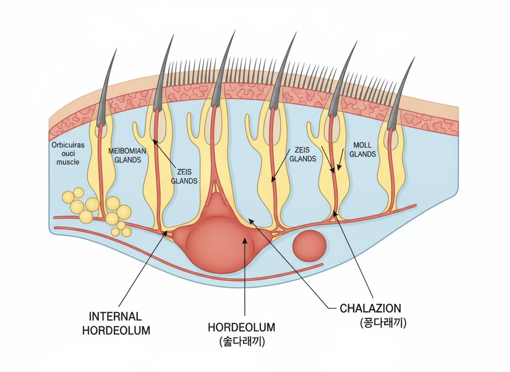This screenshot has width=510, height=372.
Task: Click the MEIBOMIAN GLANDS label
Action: click(127, 155)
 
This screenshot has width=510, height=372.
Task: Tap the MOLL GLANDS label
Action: click(362, 149)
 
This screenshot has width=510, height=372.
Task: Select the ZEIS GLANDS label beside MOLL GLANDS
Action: click(302, 154)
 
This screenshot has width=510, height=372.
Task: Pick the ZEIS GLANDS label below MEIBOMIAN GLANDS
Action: click(184, 177)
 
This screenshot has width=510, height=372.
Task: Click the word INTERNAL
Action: click(115, 316)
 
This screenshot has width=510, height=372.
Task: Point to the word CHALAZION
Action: click(370, 308)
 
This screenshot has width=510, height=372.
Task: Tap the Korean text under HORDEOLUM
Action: click(242, 341)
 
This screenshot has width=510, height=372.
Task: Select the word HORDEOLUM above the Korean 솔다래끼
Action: click(241, 327)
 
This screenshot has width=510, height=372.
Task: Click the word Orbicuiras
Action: click(68, 145)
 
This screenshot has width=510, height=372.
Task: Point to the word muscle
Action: click(68, 162)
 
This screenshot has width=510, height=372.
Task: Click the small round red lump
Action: click(309, 246)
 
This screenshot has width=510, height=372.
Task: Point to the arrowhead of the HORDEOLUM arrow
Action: click(245, 239)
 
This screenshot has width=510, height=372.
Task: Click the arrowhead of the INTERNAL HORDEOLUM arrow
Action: click(166, 233)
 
